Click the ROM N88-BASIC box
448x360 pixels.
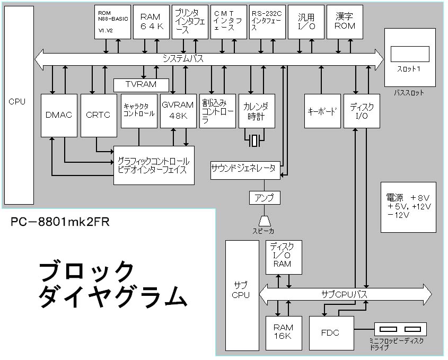coord(112,22)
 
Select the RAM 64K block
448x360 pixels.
coord(151,22)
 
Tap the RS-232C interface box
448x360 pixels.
coord(267,22)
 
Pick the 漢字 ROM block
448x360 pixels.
coord(345,22)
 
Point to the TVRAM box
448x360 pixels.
coord(141,85)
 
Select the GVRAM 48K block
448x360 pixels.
coord(178,111)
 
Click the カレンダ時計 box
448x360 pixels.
coord(257,111)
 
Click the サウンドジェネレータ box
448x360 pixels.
coord(244,169)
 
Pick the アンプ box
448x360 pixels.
coord(265,198)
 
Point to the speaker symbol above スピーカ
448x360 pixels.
coord(265,220)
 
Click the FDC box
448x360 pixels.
coord(330,333)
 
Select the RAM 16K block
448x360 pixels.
coord(283,333)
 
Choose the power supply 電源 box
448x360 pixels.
coord(408,206)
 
